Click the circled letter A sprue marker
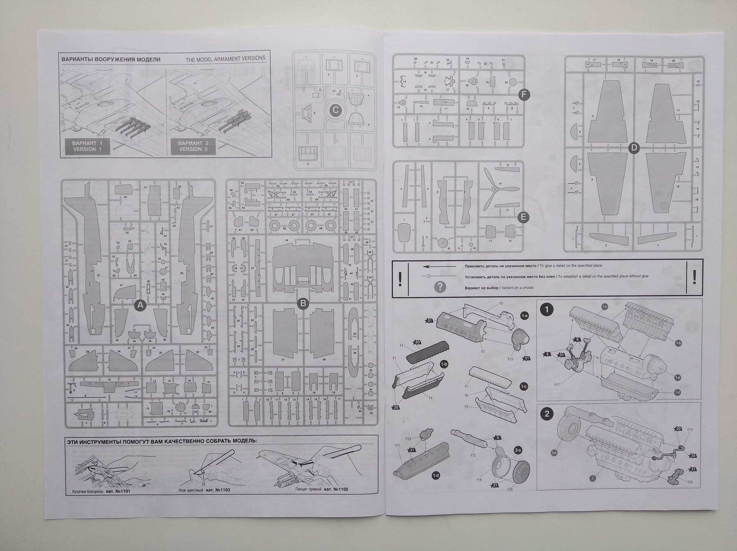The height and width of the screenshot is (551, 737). click(140, 305)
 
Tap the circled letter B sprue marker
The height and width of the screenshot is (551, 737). click(303, 303)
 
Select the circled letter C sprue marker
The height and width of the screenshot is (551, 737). click(335, 110)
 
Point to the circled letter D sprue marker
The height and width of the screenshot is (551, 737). click(634, 148)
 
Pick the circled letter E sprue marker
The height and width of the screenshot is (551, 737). click(523, 217)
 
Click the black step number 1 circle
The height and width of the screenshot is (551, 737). click(547, 309)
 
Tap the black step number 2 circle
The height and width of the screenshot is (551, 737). click(547, 414)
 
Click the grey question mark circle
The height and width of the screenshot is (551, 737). click(440, 287)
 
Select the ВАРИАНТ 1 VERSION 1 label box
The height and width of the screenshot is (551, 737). click(87, 146)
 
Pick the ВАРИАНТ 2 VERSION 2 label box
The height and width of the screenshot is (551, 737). click(193, 146)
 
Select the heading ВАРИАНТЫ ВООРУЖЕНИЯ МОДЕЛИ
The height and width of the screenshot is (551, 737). click(111, 59)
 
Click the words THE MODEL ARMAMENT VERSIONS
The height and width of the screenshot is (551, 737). click(226, 59)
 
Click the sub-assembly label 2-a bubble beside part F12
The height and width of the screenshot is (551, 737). click(518, 450)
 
